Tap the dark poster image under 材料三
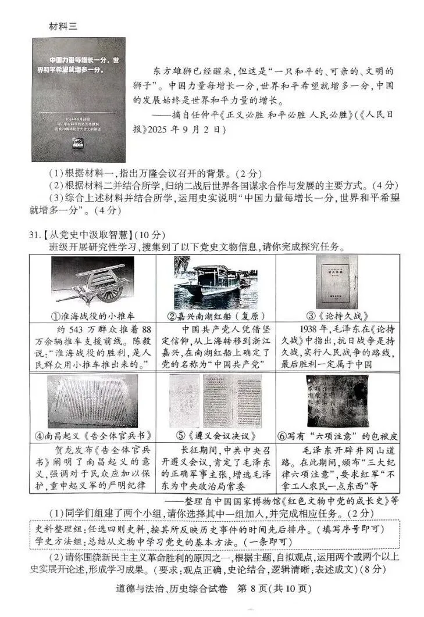pyautogui.click(x=79, y=99)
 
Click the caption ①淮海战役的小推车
pyautogui.click(x=92, y=317)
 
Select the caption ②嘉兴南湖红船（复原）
pyautogui.click(x=216, y=317)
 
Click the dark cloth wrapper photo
pyautogui.click(x=336, y=399)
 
